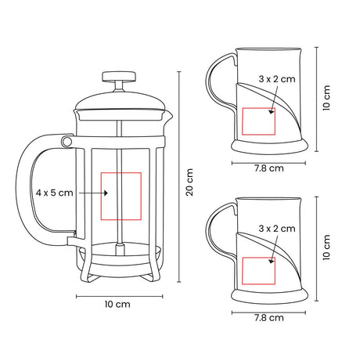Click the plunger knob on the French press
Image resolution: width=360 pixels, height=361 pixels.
(x=119, y=76)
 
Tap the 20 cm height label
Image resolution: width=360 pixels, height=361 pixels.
(x=189, y=182)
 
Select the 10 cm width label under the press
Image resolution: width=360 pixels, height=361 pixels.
(x=117, y=305)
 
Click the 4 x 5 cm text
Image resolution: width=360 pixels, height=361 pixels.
(x=55, y=193)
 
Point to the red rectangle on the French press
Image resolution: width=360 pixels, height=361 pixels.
(x=121, y=172)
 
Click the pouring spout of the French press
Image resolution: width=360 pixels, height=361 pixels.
(x=169, y=116)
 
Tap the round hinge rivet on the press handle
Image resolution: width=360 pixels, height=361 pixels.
(x=67, y=142)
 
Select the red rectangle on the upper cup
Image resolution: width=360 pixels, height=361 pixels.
(x=258, y=108)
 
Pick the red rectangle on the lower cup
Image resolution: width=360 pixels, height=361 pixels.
(x=258, y=258)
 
